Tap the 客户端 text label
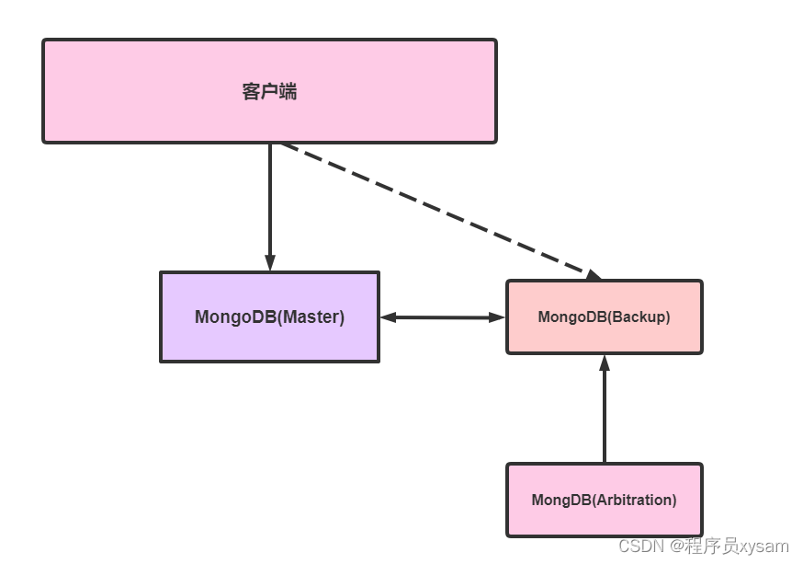pyautogui.click(x=269, y=91)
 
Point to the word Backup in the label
pyautogui.click(x=639, y=317)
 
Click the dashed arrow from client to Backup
pyautogui.click(x=432, y=206)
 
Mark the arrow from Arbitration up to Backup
pyautogui.click(x=604, y=414)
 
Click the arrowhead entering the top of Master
pyautogui.click(x=269, y=262)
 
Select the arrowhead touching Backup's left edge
pyautogui.click(x=497, y=317)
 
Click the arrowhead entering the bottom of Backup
pyautogui.click(x=604, y=363)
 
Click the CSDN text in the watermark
pyautogui.click(x=641, y=547)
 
